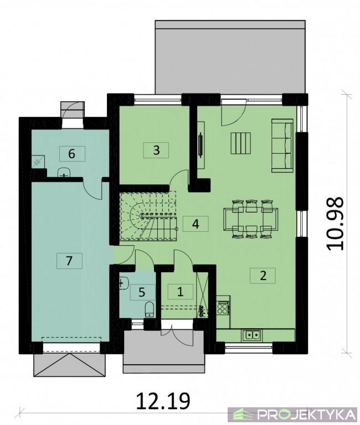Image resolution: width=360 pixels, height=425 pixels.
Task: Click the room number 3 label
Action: pos(156,150)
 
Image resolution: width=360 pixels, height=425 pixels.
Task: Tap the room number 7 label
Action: pos(69,261)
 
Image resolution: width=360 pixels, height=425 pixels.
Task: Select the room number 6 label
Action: pos(72,154)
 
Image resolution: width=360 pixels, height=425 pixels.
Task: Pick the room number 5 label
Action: pos(142,292)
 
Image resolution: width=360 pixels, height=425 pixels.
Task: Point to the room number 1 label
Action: pos(180,292)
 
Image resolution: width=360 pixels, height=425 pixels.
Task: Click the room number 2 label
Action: pos(263,276)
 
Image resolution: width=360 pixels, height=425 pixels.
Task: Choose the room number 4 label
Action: pos(196,224)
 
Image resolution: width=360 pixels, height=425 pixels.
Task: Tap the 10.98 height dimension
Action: pos(335,224)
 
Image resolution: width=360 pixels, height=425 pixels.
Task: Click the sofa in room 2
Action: pos(282,146)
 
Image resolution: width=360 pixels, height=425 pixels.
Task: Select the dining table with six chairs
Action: pos(251,219)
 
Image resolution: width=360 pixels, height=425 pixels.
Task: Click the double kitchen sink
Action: pos(253,335)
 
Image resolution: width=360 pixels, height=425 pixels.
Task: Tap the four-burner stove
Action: pos(223,308)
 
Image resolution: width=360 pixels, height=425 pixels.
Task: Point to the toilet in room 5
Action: pos(150,309)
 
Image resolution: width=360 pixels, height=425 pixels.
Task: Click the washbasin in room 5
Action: pos(124,283)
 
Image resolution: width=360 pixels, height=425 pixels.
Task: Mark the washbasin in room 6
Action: pos(64,173)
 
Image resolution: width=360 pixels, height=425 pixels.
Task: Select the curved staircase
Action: pos(148,216)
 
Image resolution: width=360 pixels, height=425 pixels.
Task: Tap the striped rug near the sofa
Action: pos(240,143)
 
